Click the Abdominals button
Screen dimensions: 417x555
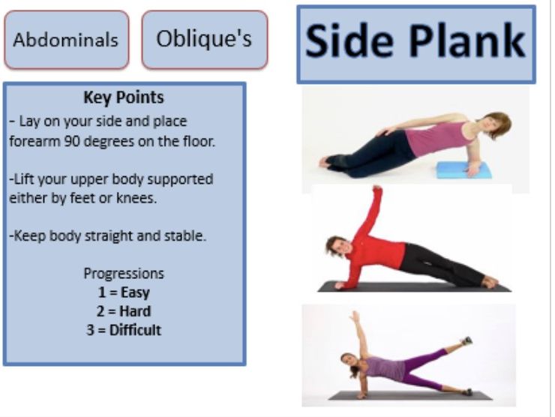click(66, 40)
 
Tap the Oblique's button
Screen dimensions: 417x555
click(204, 39)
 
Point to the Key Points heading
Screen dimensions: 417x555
click(124, 97)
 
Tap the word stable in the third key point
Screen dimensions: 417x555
click(186, 235)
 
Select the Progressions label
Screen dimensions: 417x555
click(124, 274)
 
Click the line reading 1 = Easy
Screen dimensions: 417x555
click(124, 292)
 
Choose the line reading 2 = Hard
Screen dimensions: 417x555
click(124, 311)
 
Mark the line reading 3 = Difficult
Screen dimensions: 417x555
click(124, 330)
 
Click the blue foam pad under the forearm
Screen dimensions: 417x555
click(463, 169)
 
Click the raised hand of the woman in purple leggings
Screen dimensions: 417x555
click(354, 316)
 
